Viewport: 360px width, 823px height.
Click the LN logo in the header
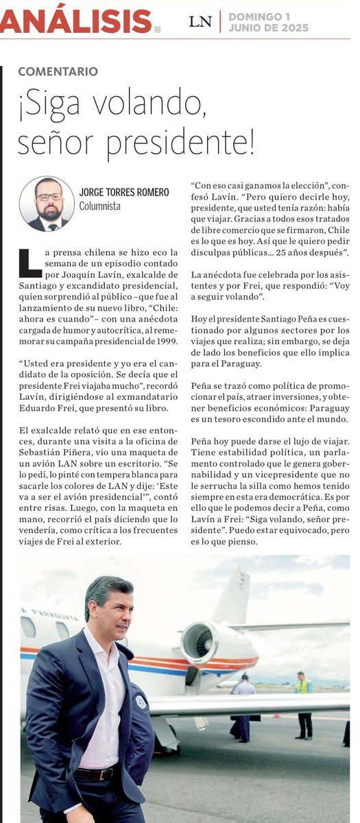click(200, 22)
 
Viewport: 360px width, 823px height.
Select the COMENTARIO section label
click(58, 71)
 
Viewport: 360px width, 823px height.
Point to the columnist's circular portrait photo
click(47, 203)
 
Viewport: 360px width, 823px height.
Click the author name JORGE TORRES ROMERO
click(124, 193)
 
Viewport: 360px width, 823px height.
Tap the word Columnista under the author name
click(100, 205)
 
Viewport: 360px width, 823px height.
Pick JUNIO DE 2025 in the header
click(268, 28)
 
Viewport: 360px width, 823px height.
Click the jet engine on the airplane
click(201, 642)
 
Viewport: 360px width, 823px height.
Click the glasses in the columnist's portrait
click(48, 198)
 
